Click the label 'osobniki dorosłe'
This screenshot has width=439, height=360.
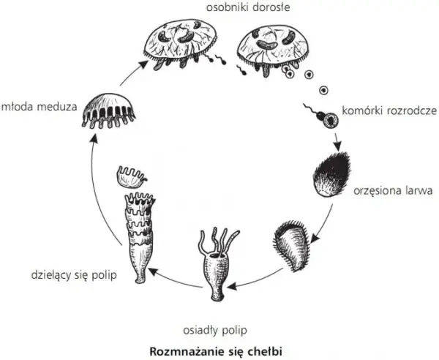pyautogui.click(x=248, y=7)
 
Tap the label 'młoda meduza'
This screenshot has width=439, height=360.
pyautogui.click(x=39, y=107)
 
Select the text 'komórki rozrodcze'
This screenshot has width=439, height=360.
pyautogui.click(x=389, y=111)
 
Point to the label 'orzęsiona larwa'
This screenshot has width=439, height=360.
pyautogui.click(x=393, y=191)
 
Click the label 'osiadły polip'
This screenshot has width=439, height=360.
pyautogui.click(x=215, y=331)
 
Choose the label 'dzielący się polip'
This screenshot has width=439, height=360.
pyautogui.click(x=74, y=275)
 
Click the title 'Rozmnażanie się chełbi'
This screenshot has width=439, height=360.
pyautogui.click(x=216, y=351)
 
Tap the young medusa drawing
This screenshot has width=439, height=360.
pyautogui.click(x=109, y=111)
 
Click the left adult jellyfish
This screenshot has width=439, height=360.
pyautogui.click(x=180, y=43)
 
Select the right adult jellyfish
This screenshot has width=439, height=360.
pyautogui.click(x=273, y=50)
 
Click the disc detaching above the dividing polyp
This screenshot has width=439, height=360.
pyautogui.click(x=131, y=177)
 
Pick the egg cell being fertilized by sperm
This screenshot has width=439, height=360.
pyautogui.click(x=331, y=121)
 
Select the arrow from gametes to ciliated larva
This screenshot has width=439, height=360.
pyautogui.click(x=337, y=141)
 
